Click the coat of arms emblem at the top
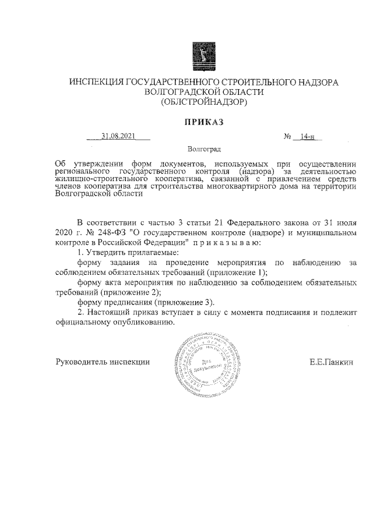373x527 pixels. coord(203,56)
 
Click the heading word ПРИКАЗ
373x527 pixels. coord(204,122)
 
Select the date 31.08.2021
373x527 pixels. coord(118,137)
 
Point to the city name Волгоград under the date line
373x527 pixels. coord(204,150)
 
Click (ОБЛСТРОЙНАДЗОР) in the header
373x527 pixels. coord(204,102)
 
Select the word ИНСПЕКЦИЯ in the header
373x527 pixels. coord(97,83)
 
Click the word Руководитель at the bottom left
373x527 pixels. coord(80,362)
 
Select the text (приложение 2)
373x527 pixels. coord(130,292)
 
